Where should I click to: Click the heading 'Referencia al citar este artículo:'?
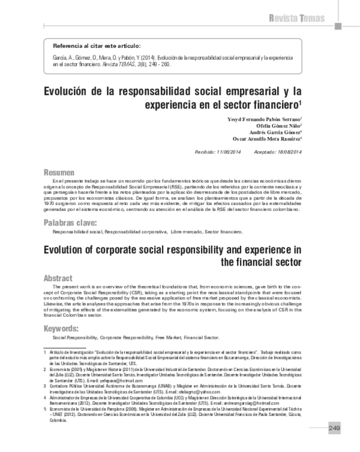pyautogui.click(x=97, y=46)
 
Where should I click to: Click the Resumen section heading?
pyautogui.click(x=59, y=171)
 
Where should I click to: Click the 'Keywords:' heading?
pyautogui.click(x=62, y=329)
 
